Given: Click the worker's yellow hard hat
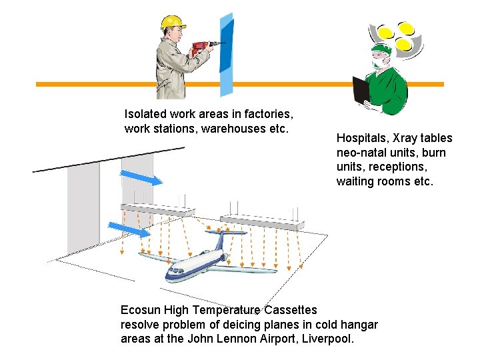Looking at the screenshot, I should click(173, 22).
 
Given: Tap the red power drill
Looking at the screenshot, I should click(201, 48).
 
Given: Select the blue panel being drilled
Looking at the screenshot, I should click(227, 53).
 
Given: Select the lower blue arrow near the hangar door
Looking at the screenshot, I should click(128, 230).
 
